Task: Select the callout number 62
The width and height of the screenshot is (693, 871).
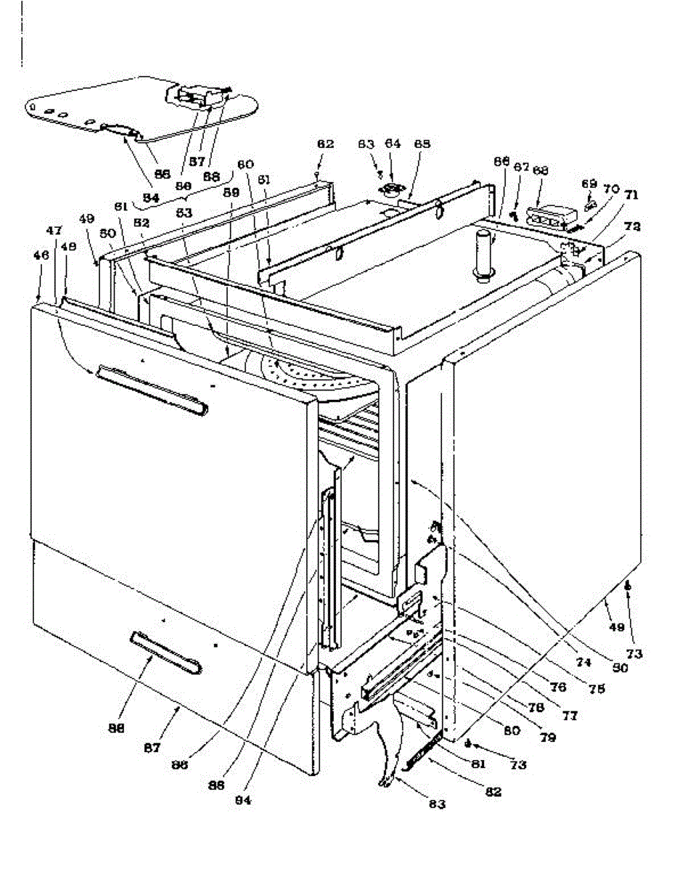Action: [x=325, y=144]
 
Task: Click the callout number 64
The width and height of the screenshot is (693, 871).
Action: [x=393, y=144]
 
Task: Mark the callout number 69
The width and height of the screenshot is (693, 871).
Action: [x=589, y=184]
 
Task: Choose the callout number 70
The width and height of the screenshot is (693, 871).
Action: [x=611, y=189]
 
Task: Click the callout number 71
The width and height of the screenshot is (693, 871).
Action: [x=631, y=195]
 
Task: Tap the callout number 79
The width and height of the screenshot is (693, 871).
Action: [x=548, y=738]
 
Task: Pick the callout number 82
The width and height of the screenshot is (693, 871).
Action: [x=493, y=792]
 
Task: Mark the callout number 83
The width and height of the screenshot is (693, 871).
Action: [x=436, y=804]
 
